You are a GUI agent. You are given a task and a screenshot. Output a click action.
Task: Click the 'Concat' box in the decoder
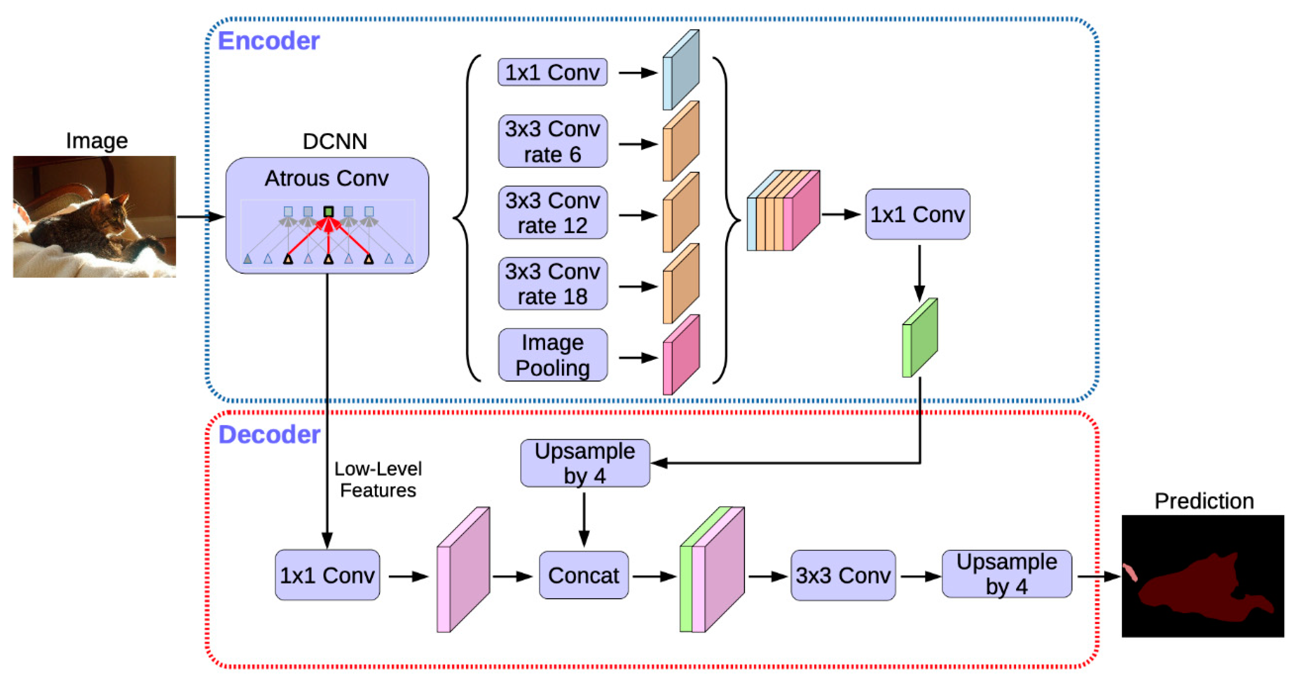tap(583, 575)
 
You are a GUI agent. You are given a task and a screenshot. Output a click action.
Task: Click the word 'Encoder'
tap(268, 41)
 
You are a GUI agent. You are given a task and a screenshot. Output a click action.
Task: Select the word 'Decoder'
tap(269, 435)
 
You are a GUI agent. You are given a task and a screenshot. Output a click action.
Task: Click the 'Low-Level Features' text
tap(378, 479)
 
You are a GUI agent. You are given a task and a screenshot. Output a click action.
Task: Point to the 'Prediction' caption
tap(1204, 501)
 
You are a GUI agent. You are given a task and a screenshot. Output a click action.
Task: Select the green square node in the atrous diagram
tap(328, 212)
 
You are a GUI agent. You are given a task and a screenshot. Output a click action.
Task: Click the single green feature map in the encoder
tap(919, 338)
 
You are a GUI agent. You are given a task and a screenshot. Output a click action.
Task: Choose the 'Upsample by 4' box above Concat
tap(584, 463)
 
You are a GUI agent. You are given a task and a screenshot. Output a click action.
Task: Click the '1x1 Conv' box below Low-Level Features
tap(327, 575)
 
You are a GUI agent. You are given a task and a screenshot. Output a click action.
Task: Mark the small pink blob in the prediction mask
tap(1130, 572)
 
